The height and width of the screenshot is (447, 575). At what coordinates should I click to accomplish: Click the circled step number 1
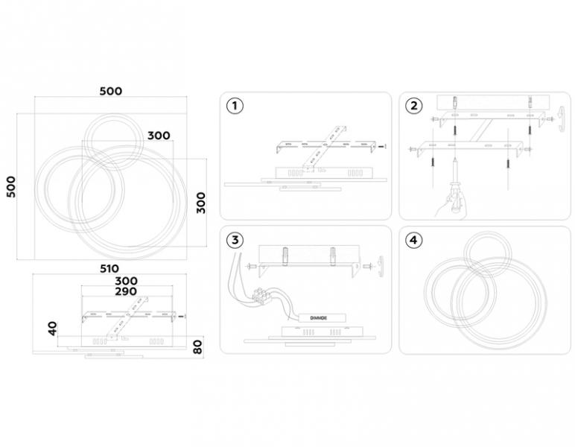coord(235,106)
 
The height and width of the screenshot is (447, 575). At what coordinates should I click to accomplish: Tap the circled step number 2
coord(413,106)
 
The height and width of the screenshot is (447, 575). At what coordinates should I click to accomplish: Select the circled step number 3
coord(235,240)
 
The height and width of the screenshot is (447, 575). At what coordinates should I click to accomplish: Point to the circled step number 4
coord(413,240)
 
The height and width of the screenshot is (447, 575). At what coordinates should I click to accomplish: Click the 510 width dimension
coord(109,268)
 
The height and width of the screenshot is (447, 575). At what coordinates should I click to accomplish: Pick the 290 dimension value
coord(126,291)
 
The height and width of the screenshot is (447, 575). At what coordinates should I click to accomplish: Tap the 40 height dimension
coord(53,329)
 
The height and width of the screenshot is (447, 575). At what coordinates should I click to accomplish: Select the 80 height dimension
coord(197,347)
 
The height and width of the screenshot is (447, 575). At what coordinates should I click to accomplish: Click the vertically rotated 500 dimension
coord(12,187)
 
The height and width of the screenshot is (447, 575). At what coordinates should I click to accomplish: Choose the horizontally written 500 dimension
coord(111,91)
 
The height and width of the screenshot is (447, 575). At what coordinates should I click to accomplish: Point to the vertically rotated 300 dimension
coord(200,203)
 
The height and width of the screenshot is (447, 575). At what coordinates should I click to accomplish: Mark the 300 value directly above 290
coord(126,281)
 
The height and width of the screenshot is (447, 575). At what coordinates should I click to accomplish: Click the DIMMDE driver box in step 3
coord(322,318)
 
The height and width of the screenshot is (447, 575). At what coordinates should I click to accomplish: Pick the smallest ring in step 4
coord(487,254)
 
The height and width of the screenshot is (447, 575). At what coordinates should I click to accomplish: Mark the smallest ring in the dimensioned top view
coord(112,142)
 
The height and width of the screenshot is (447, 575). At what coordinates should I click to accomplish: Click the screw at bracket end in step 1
coord(382,146)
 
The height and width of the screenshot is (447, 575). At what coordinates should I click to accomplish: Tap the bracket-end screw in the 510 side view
coord(181,316)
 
